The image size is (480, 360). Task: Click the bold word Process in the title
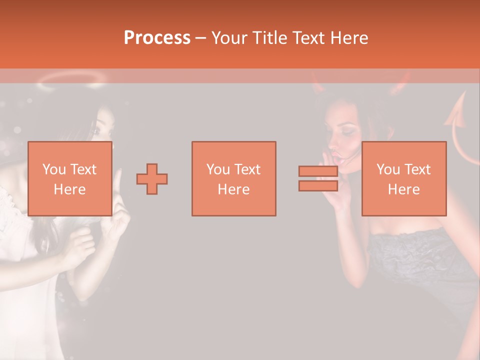(157, 38)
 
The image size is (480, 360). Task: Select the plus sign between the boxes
(152, 179)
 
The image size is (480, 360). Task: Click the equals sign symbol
(318, 178)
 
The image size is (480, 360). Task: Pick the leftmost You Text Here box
(70, 178)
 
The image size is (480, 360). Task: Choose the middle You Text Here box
(233, 178)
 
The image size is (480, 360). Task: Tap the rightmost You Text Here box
(404, 178)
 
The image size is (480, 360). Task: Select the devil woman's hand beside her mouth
(331, 180)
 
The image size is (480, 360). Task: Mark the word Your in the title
(228, 38)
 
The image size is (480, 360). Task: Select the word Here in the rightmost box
(404, 189)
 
